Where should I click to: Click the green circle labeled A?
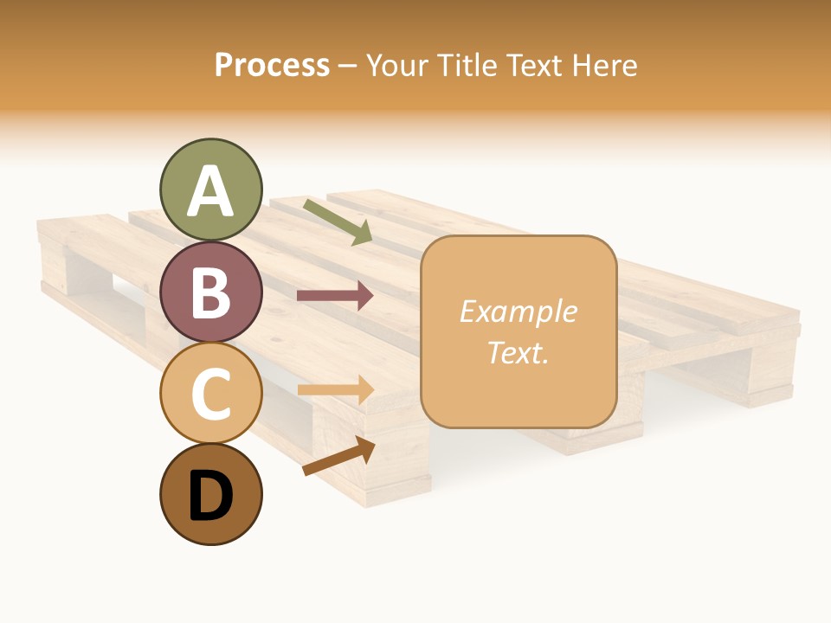[210, 189]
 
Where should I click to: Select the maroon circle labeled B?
[210, 292]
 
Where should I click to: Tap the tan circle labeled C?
[210, 393]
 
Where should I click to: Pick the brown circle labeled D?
[210, 494]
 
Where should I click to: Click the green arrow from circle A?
[338, 222]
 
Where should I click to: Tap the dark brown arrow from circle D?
[338, 456]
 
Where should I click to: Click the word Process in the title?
[272, 66]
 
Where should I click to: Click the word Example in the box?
[518, 311]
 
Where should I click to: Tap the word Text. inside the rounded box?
[518, 353]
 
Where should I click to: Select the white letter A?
[210, 191]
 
